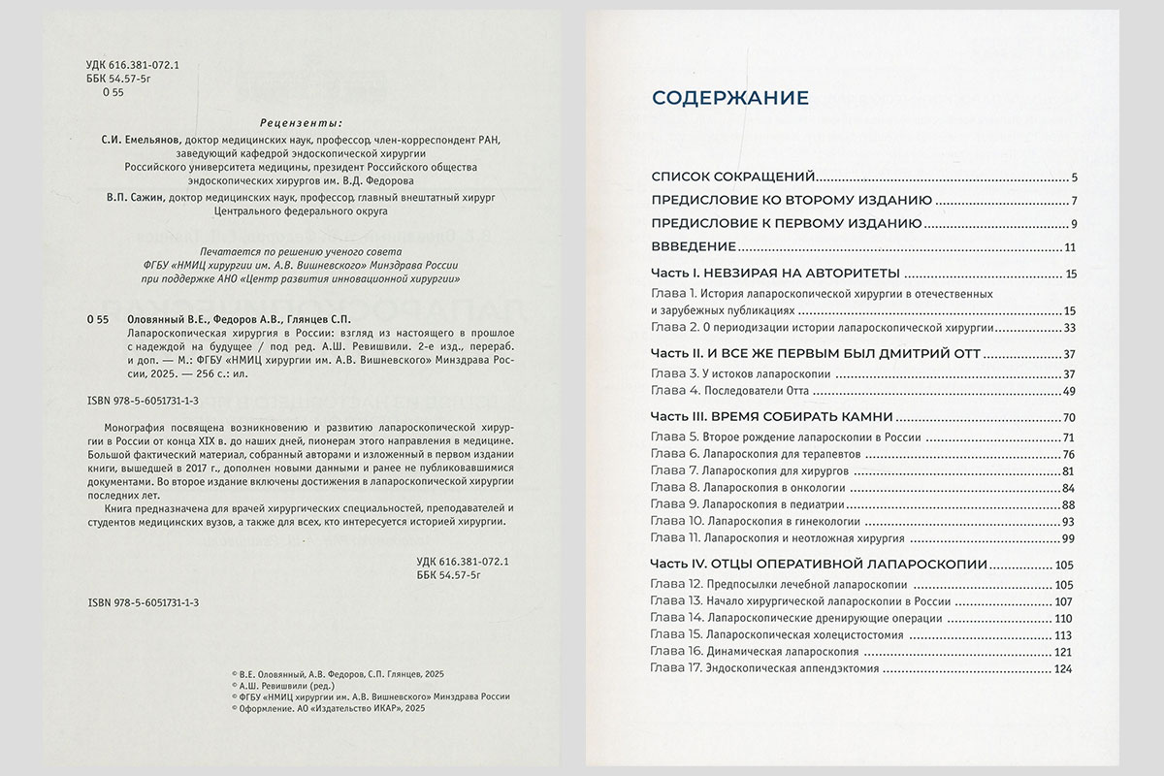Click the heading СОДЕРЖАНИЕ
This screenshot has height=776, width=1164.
pyautogui.click(x=730, y=98)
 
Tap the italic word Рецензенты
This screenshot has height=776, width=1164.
pyautogui.click(x=302, y=123)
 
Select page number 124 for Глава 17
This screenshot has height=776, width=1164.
pyautogui.click(x=1066, y=668)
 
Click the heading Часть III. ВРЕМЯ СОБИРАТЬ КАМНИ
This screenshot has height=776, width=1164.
pyautogui.click(x=771, y=417)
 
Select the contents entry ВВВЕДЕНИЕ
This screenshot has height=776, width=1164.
pyautogui.click(x=694, y=246)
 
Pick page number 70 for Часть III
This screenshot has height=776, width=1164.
pyautogui.click(x=1070, y=417)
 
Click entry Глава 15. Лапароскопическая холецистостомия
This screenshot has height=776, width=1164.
pyautogui.click(x=771, y=634)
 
